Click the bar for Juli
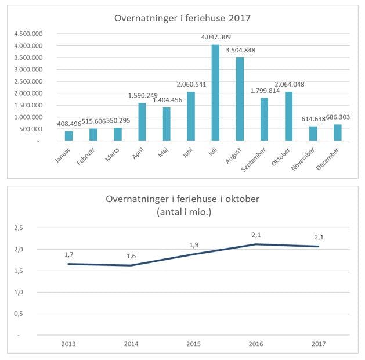click(x=215, y=92)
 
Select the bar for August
click(x=240, y=99)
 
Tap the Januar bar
click(x=69, y=136)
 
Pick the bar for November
click(x=313, y=134)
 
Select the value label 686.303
click(x=338, y=117)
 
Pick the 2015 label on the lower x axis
click(x=194, y=344)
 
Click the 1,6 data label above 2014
click(x=131, y=257)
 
